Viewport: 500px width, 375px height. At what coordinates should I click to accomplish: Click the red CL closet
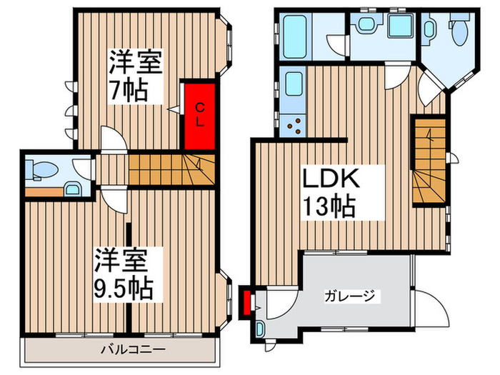[x=199, y=116]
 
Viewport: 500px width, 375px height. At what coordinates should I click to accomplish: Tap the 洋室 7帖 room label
[x=135, y=76]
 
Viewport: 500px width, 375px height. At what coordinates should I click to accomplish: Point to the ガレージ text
[x=349, y=296]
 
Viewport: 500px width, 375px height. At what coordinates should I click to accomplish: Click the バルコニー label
[x=134, y=349]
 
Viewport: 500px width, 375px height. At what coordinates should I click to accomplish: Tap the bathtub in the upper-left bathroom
[x=294, y=36]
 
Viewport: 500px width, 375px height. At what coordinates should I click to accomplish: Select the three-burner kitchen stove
[x=294, y=126]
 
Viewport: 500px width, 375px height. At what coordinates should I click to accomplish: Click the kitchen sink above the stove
[x=294, y=84]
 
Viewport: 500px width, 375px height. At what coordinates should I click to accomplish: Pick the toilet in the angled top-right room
[x=460, y=31]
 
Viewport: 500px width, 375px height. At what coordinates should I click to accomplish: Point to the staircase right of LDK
[x=429, y=161]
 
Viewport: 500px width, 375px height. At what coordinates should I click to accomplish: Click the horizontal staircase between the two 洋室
[x=171, y=170]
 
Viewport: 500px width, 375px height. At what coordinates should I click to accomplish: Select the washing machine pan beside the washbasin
[x=401, y=26]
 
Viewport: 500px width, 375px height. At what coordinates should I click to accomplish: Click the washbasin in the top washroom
[x=366, y=24]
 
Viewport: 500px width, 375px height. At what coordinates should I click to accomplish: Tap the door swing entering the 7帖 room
[x=113, y=138]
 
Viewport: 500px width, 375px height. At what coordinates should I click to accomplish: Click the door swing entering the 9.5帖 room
[x=114, y=201]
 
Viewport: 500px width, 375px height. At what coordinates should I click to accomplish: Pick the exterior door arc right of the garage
[x=432, y=308]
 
